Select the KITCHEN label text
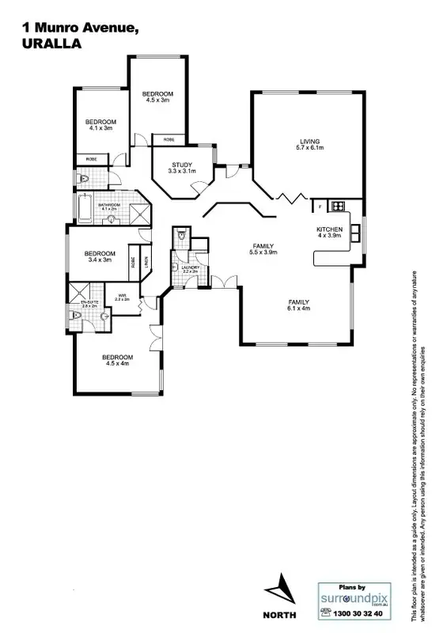329,232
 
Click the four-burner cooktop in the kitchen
338,207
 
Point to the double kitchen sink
356,231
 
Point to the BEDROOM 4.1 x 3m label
100,123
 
